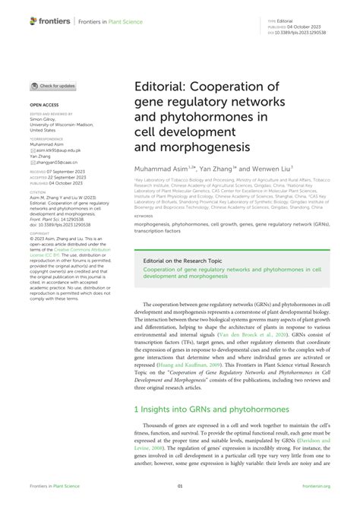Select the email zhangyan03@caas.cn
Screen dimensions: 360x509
(59, 167)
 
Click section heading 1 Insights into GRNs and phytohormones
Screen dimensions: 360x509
(201, 409)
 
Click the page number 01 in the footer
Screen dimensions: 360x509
(180, 487)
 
